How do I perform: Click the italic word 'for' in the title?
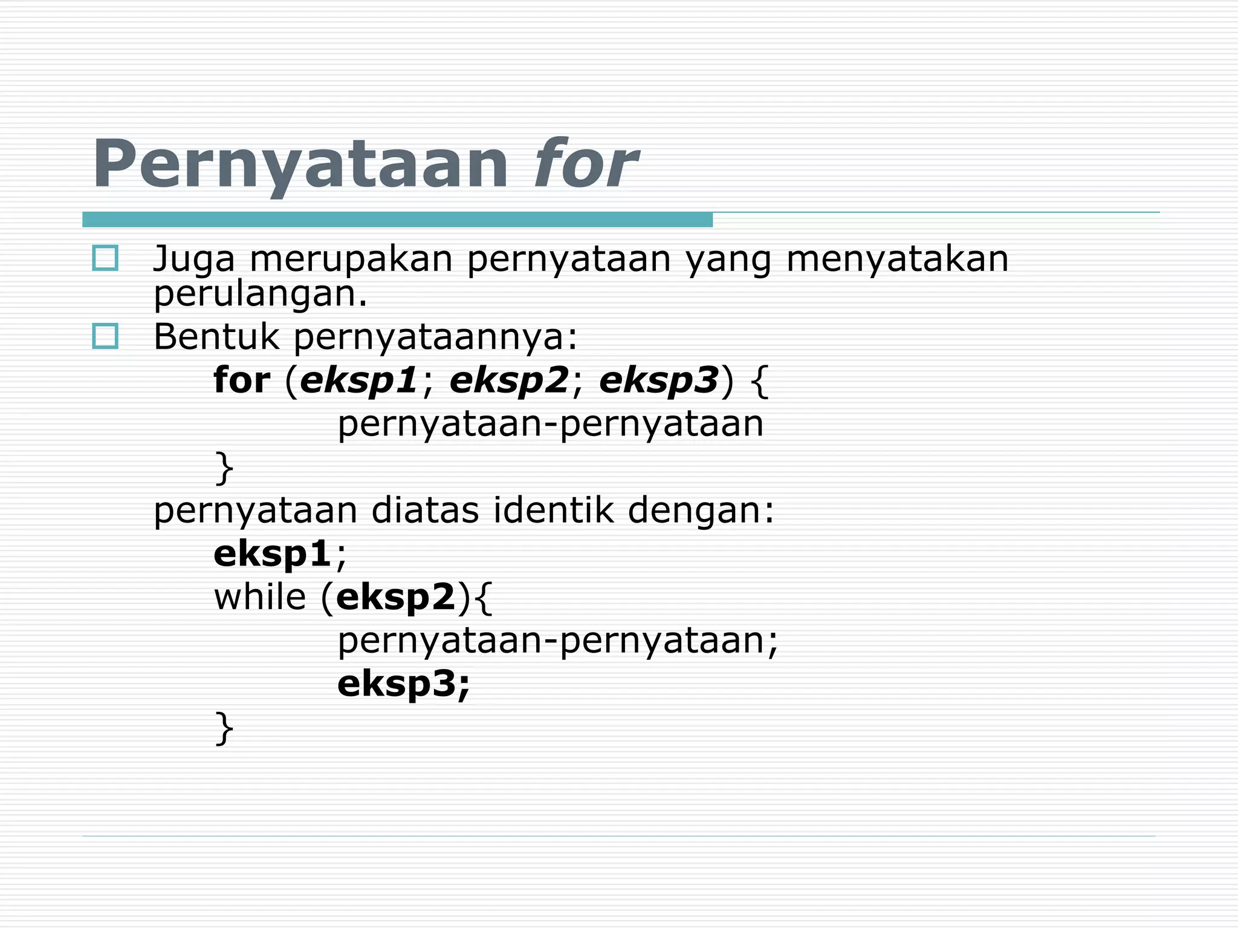(x=585, y=164)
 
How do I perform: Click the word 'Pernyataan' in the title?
(x=300, y=164)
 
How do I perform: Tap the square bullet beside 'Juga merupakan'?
(x=105, y=258)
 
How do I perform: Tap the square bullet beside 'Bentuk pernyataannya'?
(x=105, y=336)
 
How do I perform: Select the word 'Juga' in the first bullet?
(x=193, y=259)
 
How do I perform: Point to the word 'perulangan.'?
(x=261, y=295)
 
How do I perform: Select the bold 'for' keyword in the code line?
(x=242, y=380)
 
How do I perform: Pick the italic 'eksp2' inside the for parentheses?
(x=510, y=380)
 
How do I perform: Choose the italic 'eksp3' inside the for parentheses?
(x=659, y=380)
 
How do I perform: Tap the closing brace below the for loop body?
(x=224, y=468)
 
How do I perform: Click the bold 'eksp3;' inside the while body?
(x=403, y=684)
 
